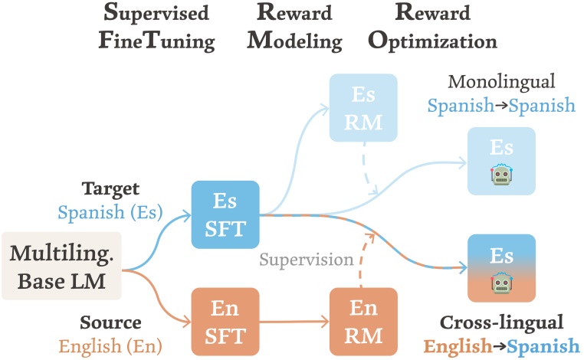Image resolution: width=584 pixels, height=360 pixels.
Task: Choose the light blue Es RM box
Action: coord(364,107)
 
